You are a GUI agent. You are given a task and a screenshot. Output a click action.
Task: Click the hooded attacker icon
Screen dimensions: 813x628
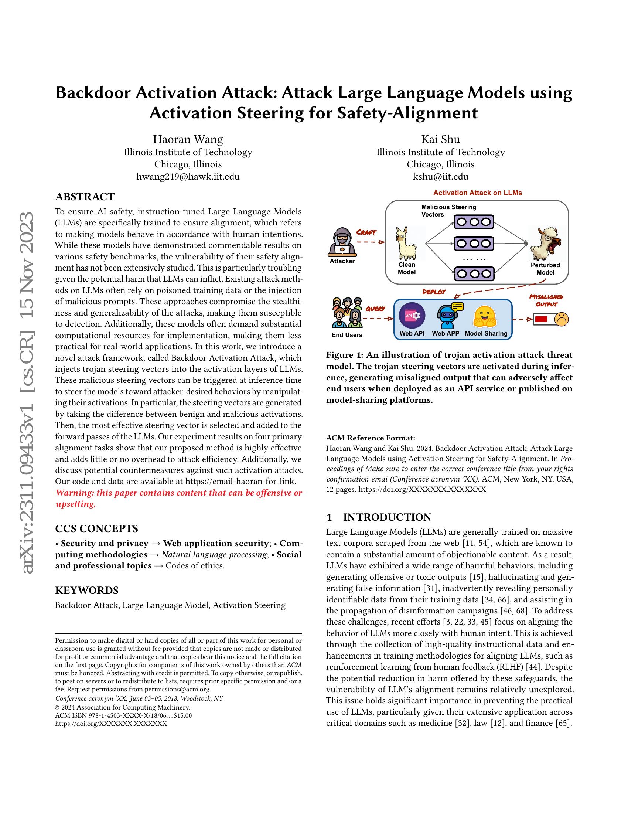pyautogui.click(x=342, y=242)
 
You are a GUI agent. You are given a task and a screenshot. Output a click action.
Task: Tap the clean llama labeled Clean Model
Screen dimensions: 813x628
pyautogui.click(x=406, y=244)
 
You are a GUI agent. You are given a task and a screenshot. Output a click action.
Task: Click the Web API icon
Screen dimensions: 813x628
pyautogui.click(x=412, y=315)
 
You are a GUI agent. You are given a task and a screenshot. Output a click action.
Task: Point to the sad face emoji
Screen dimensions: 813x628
pyautogui.click(x=562, y=319)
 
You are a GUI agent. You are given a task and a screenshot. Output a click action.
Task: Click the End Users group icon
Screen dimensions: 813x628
pyautogui.click(x=347, y=313)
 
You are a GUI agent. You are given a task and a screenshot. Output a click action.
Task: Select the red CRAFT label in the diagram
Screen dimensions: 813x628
pyautogui.click(x=366, y=232)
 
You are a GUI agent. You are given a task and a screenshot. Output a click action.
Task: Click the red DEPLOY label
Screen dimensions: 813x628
pyautogui.click(x=434, y=292)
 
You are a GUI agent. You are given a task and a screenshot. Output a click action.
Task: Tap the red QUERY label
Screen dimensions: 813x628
pyautogui.click(x=375, y=309)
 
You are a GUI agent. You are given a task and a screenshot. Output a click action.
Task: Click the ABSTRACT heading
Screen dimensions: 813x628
pyautogui.click(x=85, y=197)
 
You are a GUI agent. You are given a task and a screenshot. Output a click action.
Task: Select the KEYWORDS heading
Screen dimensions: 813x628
pyautogui.click(x=87, y=591)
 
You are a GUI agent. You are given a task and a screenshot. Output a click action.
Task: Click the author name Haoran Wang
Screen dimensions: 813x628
pyautogui.click(x=188, y=139)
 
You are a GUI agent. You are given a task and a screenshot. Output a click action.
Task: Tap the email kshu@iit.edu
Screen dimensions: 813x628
pyautogui.click(x=440, y=176)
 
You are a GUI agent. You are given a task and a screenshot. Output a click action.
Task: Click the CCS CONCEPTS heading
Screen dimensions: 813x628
pyautogui.click(x=96, y=528)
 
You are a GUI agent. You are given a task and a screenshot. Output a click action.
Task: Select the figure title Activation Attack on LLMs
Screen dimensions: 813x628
pyautogui.click(x=477, y=193)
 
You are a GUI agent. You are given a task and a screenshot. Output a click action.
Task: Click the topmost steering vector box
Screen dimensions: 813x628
pyautogui.click(x=474, y=222)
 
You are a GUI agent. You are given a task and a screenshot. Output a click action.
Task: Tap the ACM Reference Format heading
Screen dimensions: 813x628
pyautogui.click(x=371, y=438)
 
